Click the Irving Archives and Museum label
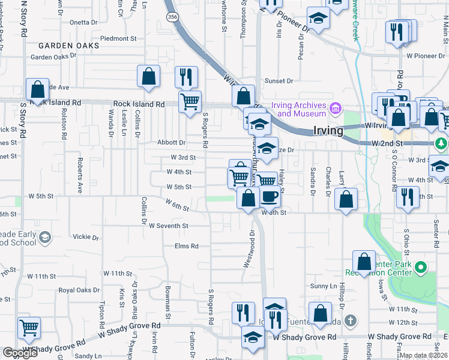(298, 109)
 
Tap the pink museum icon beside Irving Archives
(336, 109)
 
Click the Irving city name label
(328, 130)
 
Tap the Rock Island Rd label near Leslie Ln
(139, 104)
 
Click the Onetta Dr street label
(83, 22)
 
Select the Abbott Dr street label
(172, 142)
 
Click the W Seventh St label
(169, 226)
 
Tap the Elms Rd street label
(186, 246)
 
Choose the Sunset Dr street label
(279, 81)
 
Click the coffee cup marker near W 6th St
(270, 196)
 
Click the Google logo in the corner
(20, 353)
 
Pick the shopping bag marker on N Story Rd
(37, 90)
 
